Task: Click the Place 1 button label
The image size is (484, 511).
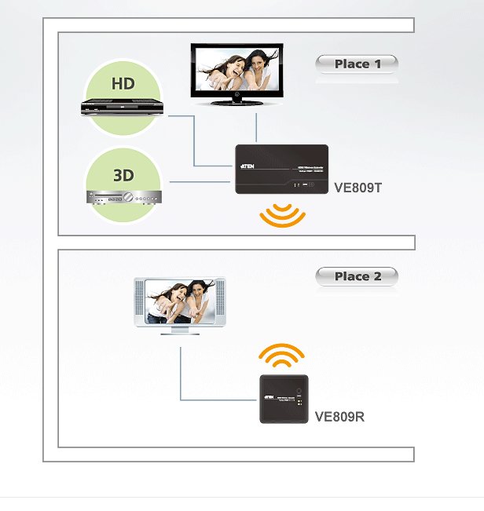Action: [357, 64]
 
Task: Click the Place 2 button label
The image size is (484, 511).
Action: [357, 276]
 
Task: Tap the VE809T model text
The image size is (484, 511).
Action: [357, 188]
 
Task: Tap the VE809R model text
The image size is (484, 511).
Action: [339, 417]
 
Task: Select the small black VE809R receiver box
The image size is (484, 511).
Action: [284, 399]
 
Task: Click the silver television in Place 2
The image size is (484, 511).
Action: [179, 302]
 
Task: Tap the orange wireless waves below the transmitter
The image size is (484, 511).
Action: [283, 216]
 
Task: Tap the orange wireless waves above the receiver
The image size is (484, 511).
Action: [283, 357]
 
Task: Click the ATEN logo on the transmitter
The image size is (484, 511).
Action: [247, 166]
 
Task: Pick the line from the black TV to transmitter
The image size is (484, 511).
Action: [256, 126]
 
